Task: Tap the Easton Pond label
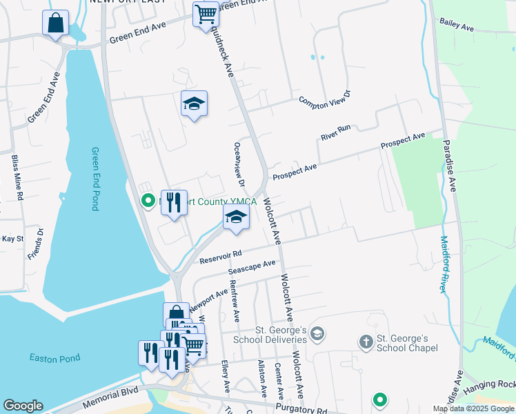pos(54,358)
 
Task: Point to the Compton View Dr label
pos(325,101)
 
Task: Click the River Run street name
pos(336,132)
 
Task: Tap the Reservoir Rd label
pos(220,257)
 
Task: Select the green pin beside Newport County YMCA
pos(147,201)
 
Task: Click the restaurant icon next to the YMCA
pos(174,202)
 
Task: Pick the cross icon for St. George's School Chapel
pos(366,341)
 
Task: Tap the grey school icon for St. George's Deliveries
pos(317,335)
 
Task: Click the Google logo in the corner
pos(23,406)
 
